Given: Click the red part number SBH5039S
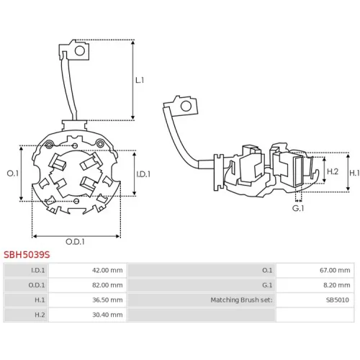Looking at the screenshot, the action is [x=27, y=255].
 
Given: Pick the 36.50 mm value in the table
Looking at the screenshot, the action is [x=107, y=300].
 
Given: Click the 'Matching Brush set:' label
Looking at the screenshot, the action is [x=241, y=300].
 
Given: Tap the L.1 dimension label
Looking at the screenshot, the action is [x=140, y=80].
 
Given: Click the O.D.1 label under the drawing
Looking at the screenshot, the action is [x=75, y=242].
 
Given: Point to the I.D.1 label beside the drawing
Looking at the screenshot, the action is [x=143, y=174].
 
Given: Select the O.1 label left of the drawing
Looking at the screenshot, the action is [x=13, y=174].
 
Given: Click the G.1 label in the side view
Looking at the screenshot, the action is [x=298, y=208].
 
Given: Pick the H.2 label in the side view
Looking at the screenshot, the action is [x=333, y=171].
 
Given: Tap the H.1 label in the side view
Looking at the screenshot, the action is [x=354, y=173].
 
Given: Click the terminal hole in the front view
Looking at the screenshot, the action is [x=80, y=51].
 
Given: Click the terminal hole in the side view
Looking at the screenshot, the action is [x=186, y=106].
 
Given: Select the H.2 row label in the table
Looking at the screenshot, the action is [x=40, y=315].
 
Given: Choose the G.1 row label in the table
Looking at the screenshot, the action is [x=267, y=285].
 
